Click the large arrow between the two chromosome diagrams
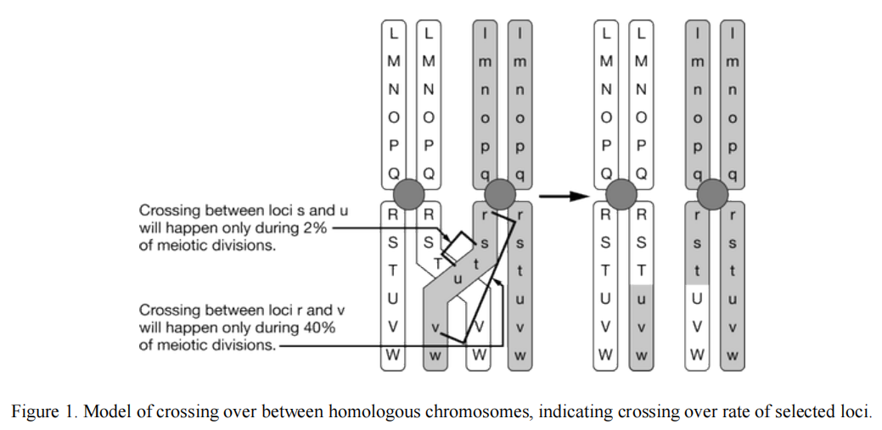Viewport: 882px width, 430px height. [564, 197]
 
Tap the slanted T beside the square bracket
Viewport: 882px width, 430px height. [438, 264]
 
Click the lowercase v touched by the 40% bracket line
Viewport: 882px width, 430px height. [435, 327]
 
